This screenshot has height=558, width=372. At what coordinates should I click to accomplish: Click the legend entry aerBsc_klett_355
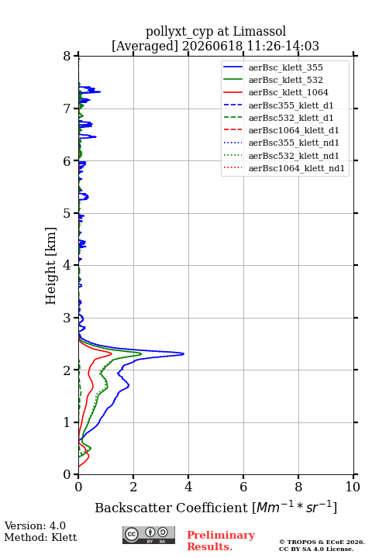click(285, 67)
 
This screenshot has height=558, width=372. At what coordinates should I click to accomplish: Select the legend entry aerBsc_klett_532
click(285, 80)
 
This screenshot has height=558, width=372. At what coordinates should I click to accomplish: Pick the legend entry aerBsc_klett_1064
click(288, 92)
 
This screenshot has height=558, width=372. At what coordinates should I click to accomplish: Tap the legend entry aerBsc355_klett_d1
click(291, 105)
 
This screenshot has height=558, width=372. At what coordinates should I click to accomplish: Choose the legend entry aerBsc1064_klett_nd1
click(297, 168)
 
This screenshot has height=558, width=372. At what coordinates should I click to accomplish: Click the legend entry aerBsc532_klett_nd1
click(294, 156)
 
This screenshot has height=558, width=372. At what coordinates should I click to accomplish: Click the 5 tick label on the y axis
click(67, 213)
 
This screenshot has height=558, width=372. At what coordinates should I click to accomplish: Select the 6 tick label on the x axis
click(243, 487)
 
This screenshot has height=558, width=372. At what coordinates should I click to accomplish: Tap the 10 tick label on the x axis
click(353, 487)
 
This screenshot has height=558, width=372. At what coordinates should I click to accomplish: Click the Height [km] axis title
click(50, 266)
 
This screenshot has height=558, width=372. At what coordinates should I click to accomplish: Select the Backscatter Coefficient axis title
click(215, 507)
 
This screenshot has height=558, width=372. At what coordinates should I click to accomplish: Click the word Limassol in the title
click(259, 31)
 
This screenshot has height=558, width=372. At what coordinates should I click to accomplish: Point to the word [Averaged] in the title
click(144, 46)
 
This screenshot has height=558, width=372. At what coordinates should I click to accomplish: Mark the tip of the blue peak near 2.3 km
click(184, 353)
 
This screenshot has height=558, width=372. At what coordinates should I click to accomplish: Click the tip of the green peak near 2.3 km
click(141, 353)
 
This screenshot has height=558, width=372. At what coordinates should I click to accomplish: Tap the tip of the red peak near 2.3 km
click(112, 353)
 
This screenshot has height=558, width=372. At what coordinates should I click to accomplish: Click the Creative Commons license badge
click(149, 535)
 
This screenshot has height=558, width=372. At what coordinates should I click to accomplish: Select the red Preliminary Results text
click(221, 540)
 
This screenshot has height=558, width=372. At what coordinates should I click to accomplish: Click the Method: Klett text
click(40, 537)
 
